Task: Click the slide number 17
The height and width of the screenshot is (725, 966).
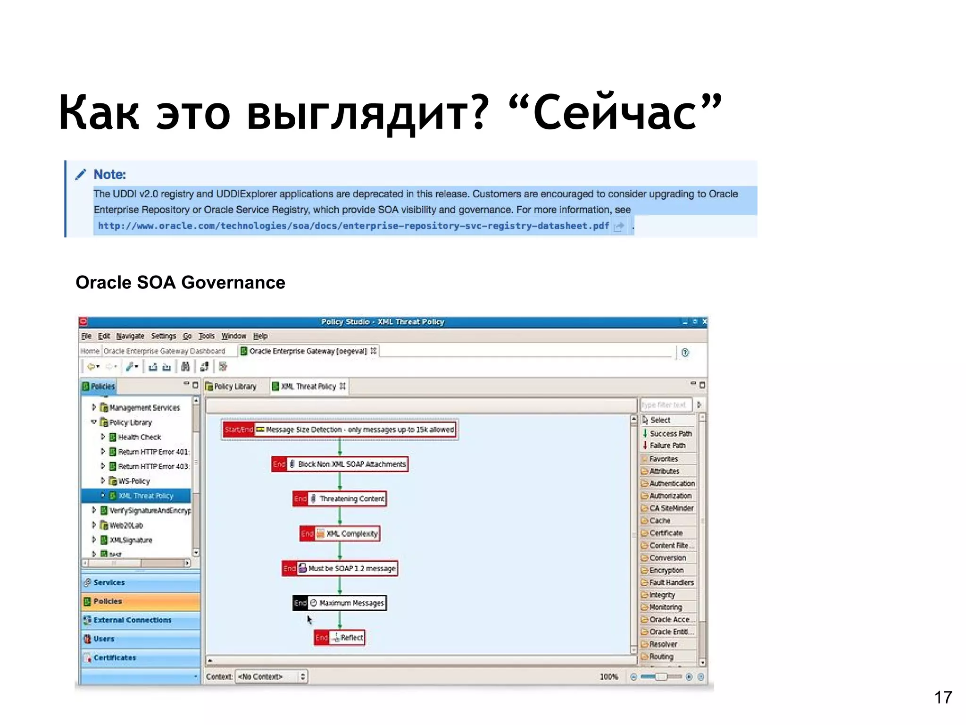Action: click(x=943, y=697)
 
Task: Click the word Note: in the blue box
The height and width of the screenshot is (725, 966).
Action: click(x=109, y=175)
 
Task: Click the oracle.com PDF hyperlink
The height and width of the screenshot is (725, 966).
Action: click(x=353, y=226)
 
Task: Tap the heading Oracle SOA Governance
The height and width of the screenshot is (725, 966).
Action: click(x=180, y=283)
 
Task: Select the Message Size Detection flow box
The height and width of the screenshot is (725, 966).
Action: click(x=340, y=430)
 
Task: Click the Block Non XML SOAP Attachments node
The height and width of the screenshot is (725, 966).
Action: click(x=340, y=464)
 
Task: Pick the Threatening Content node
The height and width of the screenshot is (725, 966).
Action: click(x=340, y=499)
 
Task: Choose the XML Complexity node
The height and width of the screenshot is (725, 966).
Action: click(x=340, y=534)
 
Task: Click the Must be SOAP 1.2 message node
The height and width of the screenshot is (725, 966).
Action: click(x=340, y=568)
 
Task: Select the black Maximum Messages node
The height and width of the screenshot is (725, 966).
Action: click(x=340, y=603)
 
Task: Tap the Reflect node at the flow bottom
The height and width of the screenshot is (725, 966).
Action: click(x=340, y=638)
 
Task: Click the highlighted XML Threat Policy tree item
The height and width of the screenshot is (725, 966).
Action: click(x=146, y=496)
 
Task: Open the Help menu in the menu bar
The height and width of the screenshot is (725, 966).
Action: click(x=260, y=336)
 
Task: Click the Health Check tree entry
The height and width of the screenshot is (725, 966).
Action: click(x=139, y=437)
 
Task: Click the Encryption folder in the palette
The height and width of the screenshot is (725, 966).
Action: click(x=666, y=570)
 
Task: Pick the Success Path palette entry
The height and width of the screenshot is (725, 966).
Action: click(x=670, y=433)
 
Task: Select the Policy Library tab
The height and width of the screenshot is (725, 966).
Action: click(x=235, y=387)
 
